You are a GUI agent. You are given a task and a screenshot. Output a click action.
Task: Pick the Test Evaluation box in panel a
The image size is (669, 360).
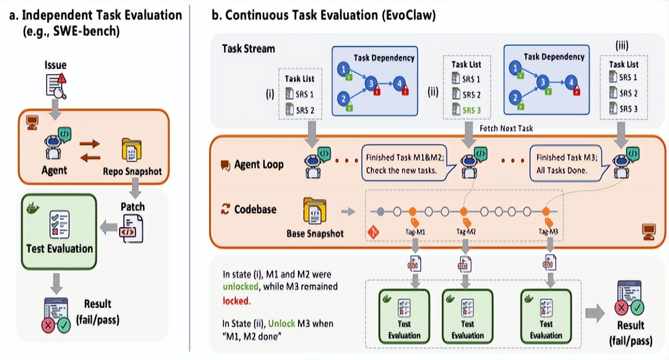(x=59, y=231)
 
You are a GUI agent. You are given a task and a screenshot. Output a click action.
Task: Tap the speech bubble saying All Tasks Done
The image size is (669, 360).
(x=570, y=164)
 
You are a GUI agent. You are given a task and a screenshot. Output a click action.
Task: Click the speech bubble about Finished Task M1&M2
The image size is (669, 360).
(x=406, y=164)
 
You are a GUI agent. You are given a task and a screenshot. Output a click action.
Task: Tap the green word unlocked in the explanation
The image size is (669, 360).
(x=240, y=287)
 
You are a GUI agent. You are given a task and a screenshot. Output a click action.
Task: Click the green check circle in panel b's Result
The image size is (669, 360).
(x=637, y=306)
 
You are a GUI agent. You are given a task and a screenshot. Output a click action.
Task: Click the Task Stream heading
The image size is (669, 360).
(x=248, y=49)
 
